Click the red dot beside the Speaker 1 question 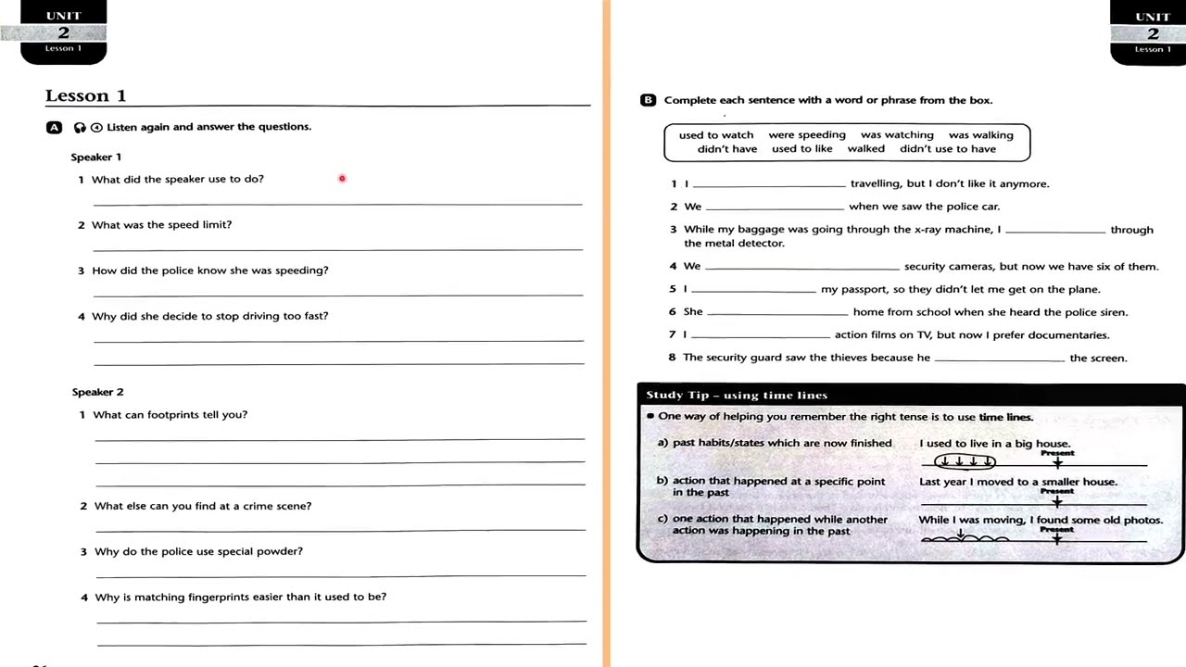(x=342, y=179)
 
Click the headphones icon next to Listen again (x=80, y=128)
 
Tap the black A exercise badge (x=55, y=128)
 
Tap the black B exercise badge (x=648, y=100)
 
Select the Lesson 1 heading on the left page (x=86, y=95)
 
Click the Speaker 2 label (x=97, y=392)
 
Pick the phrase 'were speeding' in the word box (x=807, y=134)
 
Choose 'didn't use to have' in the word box (x=948, y=148)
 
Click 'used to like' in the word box (x=801, y=148)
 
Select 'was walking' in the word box (x=980, y=134)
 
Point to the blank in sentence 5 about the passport (x=753, y=290)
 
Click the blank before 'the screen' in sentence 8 (x=999, y=359)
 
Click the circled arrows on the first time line (x=965, y=460)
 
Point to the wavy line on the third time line (x=964, y=538)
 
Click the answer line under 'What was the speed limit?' (x=338, y=247)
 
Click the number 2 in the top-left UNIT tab (x=63, y=32)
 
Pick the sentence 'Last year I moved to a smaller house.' (x=1017, y=482)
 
